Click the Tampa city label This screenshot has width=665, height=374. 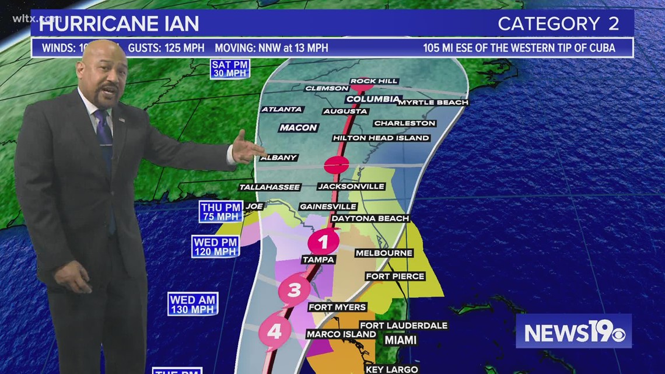click(x=318, y=260)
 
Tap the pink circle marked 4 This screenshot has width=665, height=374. click(x=275, y=331)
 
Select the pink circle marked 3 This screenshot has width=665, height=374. click(x=294, y=289)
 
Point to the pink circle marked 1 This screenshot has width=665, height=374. click(x=323, y=241)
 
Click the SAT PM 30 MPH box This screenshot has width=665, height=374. click(x=230, y=69)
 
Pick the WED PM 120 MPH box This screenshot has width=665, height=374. click(x=215, y=246)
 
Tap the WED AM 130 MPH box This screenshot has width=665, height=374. click(x=193, y=304)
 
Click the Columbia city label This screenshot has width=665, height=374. click(x=373, y=99)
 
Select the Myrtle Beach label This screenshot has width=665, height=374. click(x=433, y=102)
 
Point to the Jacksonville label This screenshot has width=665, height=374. click(x=351, y=186)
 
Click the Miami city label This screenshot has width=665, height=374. click(x=400, y=340)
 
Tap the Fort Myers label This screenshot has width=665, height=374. click(x=337, y=307)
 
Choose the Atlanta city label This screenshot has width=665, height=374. click(x=282, y=109)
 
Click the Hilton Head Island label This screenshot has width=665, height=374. click(x=381, y=138)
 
